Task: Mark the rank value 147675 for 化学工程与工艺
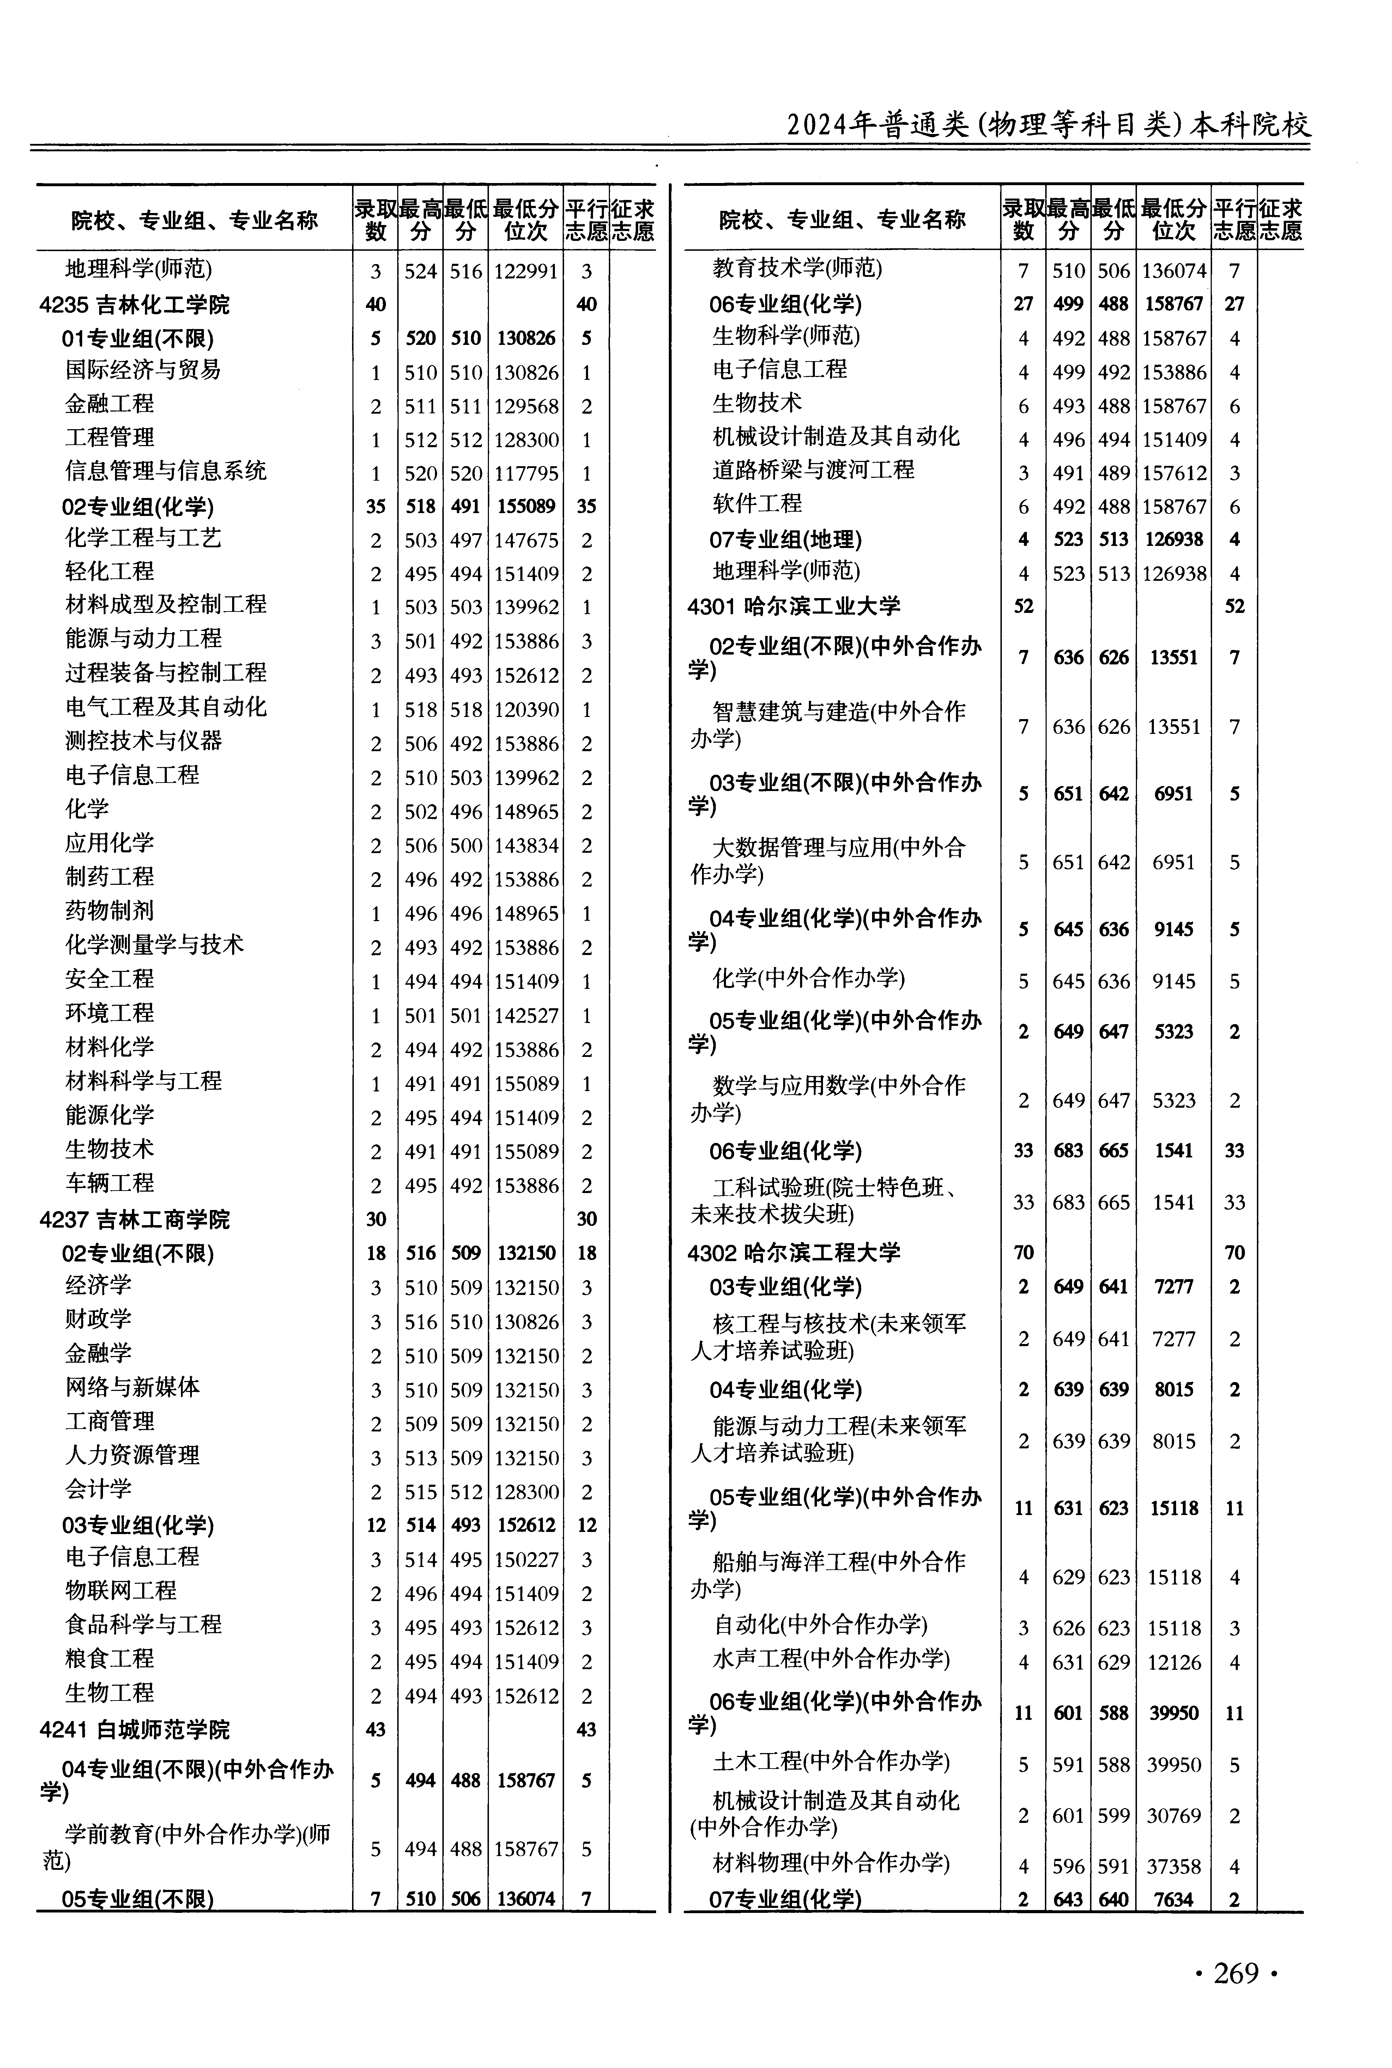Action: click(x=526, y=541)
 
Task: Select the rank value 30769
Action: click(x=1174, y=1816)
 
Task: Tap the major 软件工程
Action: click(x=757, y=504)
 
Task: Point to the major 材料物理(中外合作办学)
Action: click(x=831, y=1862)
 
